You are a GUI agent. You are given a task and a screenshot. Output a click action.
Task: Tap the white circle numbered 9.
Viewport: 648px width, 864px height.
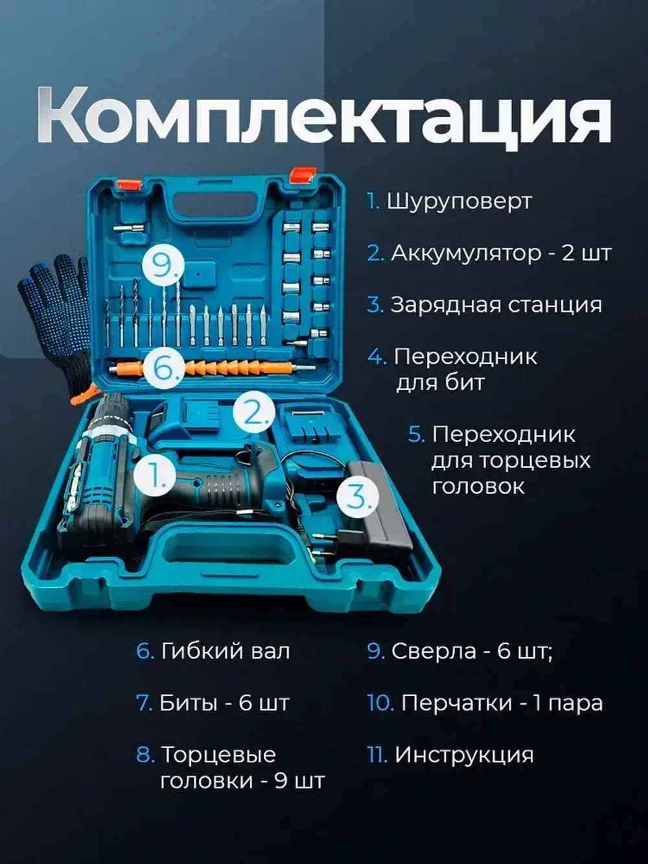click(163, 266)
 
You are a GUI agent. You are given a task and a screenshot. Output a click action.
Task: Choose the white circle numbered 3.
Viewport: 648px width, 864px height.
click(358, 496)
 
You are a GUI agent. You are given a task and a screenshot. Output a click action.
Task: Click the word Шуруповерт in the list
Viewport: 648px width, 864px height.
click(459, 201)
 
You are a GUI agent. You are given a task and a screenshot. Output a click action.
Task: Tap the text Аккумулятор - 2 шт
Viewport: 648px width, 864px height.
click(500, 253)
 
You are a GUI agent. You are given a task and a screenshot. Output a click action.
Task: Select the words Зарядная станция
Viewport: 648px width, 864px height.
click(496, 305)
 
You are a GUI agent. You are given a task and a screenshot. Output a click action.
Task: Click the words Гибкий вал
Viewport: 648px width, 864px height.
click(225, 651)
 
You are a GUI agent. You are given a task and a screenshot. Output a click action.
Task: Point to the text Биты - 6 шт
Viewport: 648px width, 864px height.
click(224, 703)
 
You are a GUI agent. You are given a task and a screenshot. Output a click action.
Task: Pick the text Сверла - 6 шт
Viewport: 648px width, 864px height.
click(471, 651)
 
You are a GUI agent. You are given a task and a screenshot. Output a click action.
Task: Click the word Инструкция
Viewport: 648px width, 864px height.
click(464, 754)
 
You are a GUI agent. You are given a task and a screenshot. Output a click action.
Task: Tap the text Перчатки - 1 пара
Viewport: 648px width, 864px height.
click(502, 703)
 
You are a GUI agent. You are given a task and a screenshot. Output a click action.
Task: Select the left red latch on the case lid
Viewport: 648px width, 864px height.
click(128, 185)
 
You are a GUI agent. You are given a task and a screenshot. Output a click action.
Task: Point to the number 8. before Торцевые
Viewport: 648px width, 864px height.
click(145, 754)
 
